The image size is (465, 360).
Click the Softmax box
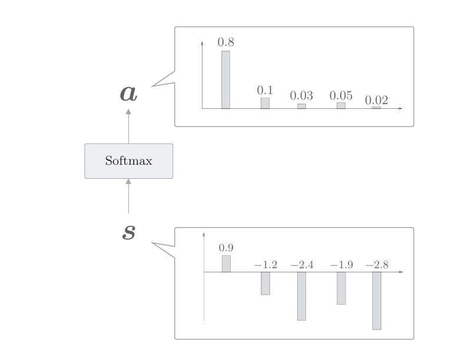coord(128,161)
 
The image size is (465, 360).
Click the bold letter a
coord(128,93)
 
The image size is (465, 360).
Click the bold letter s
coord(128,232)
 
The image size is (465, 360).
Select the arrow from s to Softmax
coord(128,197)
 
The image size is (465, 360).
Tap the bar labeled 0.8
coord(225,80)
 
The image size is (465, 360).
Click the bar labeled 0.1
coord(265,103)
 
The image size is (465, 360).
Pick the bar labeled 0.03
coord(301,106)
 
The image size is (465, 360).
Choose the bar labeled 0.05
coord(341,105)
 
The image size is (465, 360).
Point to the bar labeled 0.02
coord(376,108)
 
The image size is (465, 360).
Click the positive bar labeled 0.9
coord(226,264)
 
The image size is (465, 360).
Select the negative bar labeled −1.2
coord(265,284)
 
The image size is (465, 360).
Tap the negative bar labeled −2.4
coord(301,296)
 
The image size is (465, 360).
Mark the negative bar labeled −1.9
coord(341,288)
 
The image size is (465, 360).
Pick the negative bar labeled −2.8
coord(377,301)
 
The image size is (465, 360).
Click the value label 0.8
coord(225,42)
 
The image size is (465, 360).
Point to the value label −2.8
coord(377,265)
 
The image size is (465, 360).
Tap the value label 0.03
coord(301,95)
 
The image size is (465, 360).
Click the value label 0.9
coord(226,248)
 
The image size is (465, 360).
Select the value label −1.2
coord(265,265)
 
